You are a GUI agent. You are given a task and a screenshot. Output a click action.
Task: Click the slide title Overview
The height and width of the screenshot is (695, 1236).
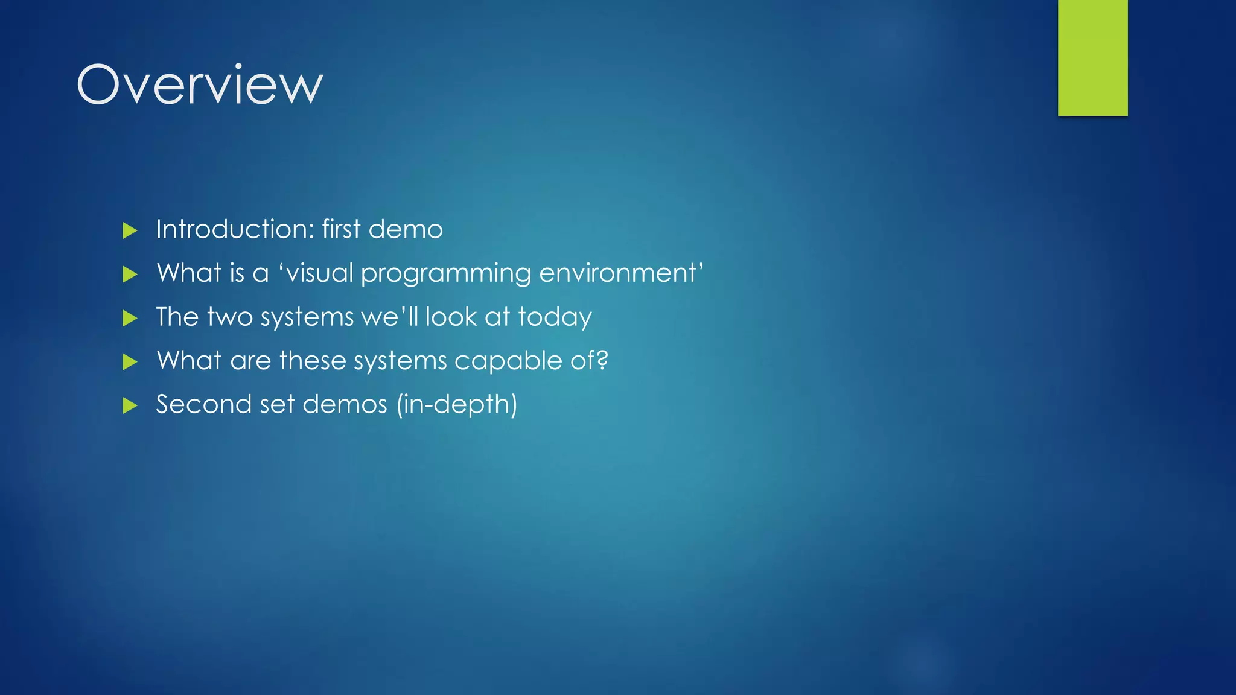pos(200,84)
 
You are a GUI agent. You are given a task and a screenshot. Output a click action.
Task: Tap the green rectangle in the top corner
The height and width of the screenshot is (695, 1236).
pos(1092,57)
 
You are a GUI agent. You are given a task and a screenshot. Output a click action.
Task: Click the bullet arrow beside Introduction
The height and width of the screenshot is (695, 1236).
pos(130,230)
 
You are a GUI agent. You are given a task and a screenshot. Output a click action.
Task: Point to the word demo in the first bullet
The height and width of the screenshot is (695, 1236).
pos(406,229)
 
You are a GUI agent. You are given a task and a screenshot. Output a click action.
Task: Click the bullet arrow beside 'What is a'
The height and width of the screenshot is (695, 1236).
pos(130,275)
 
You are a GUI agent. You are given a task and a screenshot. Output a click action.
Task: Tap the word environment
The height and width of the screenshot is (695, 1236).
pos(617,273)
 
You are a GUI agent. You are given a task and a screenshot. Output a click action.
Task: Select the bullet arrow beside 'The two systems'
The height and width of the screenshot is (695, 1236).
pos(130,318)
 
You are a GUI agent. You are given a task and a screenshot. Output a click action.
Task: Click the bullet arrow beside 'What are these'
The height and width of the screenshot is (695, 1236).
pos(130,362)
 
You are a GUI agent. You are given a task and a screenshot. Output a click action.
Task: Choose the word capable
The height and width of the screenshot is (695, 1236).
pos(508,361)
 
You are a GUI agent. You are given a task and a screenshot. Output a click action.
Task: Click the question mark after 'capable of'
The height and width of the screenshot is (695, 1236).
pos(601,361)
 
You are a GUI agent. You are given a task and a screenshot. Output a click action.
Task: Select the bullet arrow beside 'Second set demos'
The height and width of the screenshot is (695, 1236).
pos(130,405)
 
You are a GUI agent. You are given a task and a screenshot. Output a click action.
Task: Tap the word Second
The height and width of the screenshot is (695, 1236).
pos(203,404)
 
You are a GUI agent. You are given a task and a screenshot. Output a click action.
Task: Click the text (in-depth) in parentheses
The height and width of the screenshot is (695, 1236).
pos(457,405)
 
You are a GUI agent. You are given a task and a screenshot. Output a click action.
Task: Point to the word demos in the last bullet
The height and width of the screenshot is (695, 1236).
pos(345,404)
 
